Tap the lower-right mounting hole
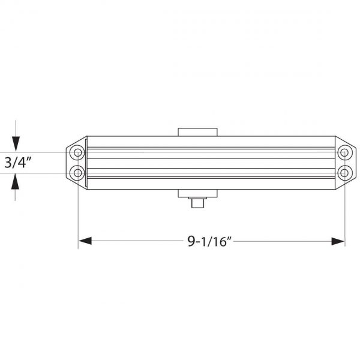344,173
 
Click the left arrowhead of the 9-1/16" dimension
85,241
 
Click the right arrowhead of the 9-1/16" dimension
338,241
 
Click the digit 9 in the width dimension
191,241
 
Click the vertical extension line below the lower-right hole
344,210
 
